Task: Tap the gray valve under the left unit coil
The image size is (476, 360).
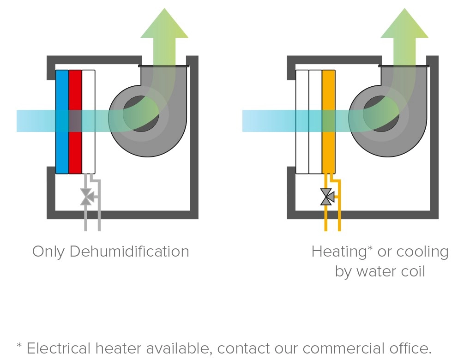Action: click(86, 197)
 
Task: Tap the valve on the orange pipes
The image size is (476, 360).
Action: click(327, 197)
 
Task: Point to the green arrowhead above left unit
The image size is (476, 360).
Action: click(164, 25)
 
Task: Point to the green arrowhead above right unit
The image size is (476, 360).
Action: click(404, 25)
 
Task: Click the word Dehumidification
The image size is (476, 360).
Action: click(129, 252)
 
